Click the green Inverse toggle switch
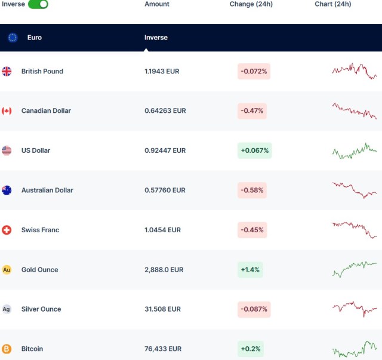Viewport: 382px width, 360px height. pyautogui.click(x=38, y=4)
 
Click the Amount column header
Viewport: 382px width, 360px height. pyautogui.click(x=157, y=4)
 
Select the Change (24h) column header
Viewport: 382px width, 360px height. pyautogui.click(x=251, y=4)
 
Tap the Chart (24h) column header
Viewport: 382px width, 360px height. pyautogui.click(x=333, y=4)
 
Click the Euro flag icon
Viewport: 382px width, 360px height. pyautogui.click(x=13, y=38)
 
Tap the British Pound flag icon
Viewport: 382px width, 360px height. pyautogui.click(x=7, y=72)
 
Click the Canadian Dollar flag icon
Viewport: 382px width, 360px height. pyautogui.click(x=7, y=111)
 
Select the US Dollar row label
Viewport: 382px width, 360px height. pyautogui.click(x=36, y=150)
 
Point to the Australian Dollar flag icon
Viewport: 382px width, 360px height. pyautogui.click(x=7, y=190)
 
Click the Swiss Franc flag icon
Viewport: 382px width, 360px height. pyautogui.click(x=7, y=230)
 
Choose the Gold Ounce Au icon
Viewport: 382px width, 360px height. pyautogui.click(x=7, y=270)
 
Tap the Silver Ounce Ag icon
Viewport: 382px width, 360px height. pyautogui.click(x=7, y=309)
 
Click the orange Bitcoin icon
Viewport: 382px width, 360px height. pyautogui.click(x=7, y=349)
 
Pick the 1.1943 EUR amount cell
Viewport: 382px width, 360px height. pyautogui.click(x=162, y=72)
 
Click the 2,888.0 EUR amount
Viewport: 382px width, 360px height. pyautogui.click(x=164, y=270)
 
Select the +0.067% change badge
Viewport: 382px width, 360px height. pyautogui.click(x=254, y=150)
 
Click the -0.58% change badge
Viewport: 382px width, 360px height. pyautogui.click(x=252, y=190)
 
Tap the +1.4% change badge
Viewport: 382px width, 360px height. pyautogui.click(x=250, y=270)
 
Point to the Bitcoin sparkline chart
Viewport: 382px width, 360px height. pyautogui.click(x=355, y=349)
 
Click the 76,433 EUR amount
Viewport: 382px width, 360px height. pyautogui.click(x=163, y=349)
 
